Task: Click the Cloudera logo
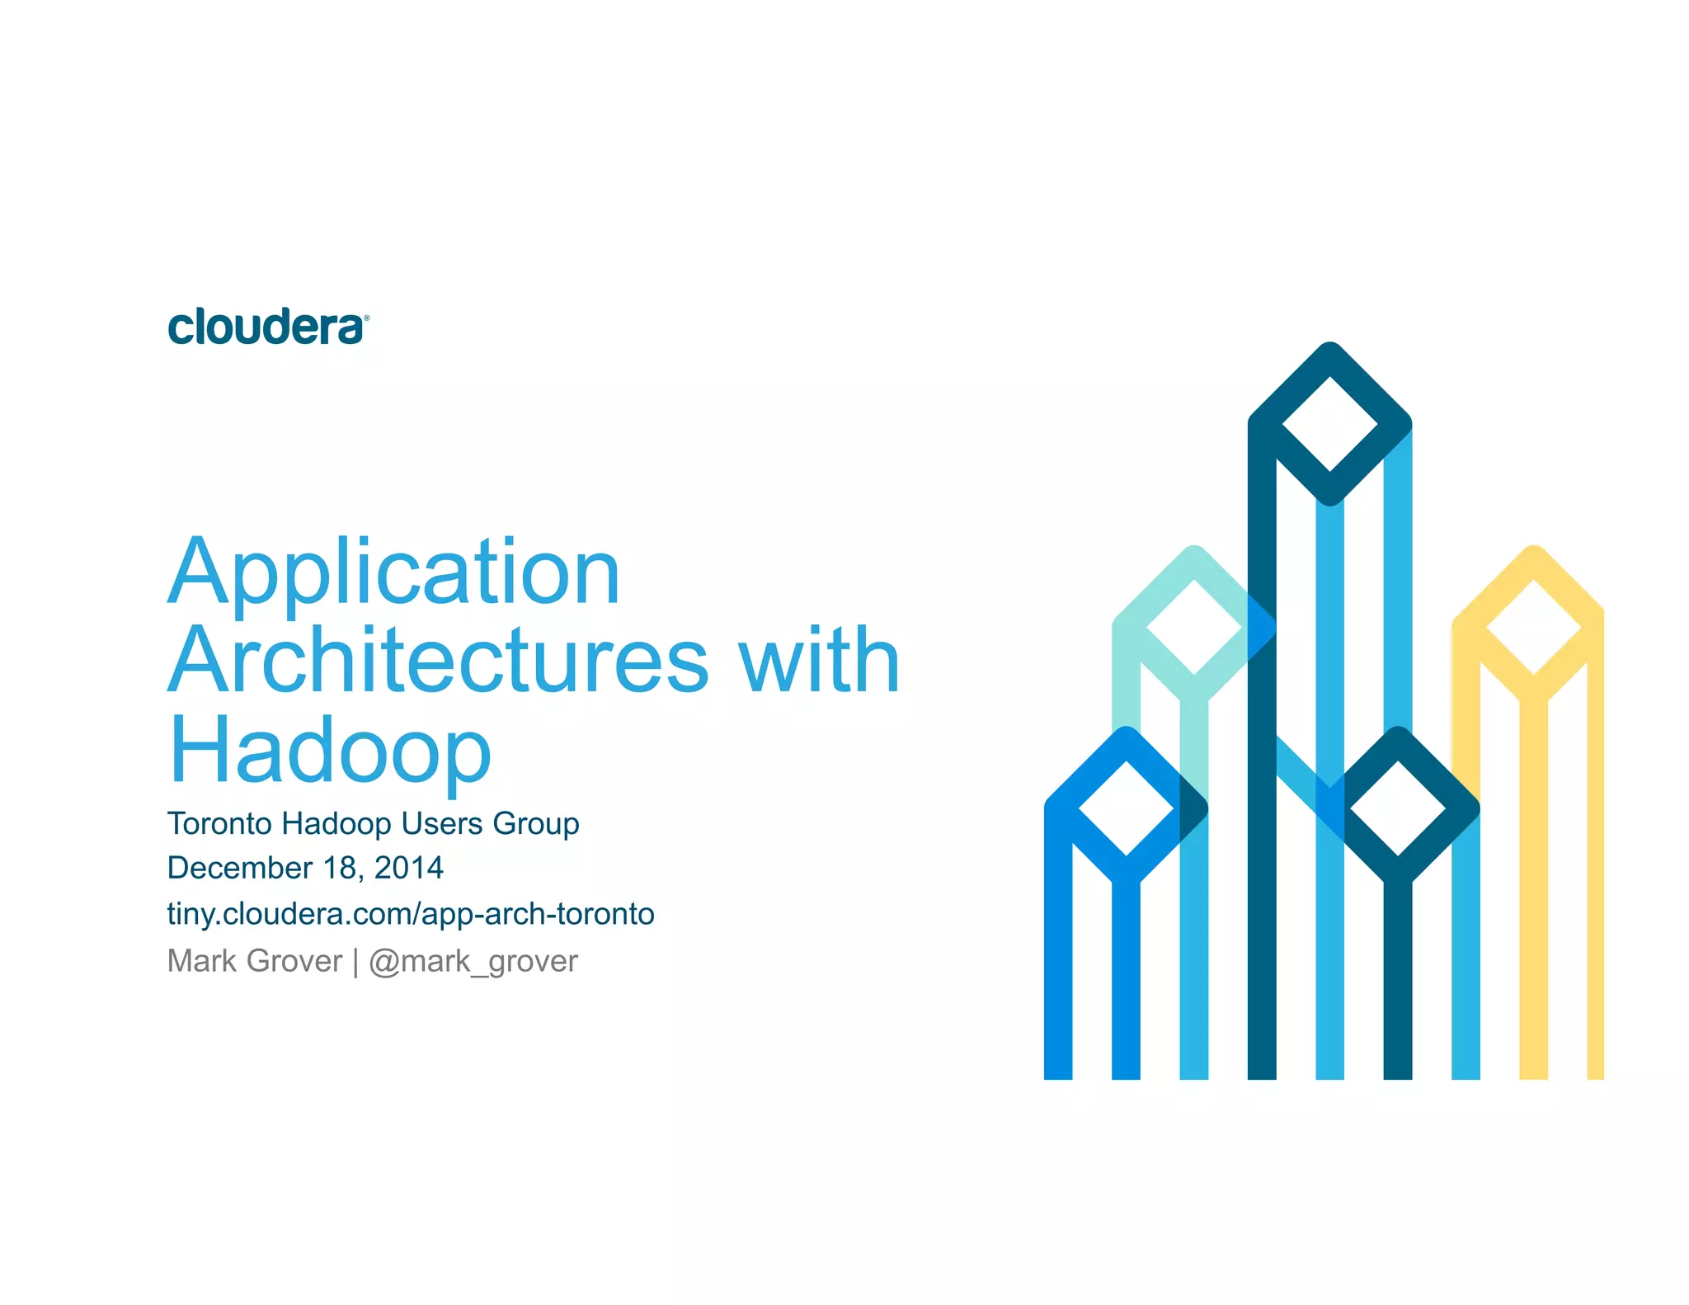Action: point(266,327)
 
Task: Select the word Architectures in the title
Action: point(439,661)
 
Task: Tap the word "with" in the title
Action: point(818,661)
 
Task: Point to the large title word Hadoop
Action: point(330,751)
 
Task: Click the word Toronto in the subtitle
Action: point(219,823)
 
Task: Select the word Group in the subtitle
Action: point(536,824)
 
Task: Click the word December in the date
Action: point(239,868)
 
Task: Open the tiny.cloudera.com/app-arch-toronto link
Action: point(411,914)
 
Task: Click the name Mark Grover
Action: point(254,961)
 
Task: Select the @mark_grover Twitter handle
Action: point(473,962)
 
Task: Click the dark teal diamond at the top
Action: point(1329,423)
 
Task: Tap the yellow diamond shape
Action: point(1533,627)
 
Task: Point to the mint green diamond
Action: point(1194,627)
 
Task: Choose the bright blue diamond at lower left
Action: point(1127,808)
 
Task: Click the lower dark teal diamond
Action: point(1397,808)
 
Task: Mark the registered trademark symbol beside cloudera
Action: point(366,318)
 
